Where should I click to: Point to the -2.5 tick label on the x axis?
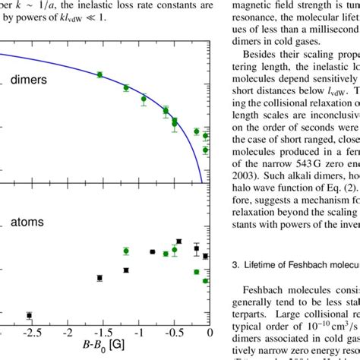click(27, 333)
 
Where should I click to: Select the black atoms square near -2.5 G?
click(29, 315)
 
